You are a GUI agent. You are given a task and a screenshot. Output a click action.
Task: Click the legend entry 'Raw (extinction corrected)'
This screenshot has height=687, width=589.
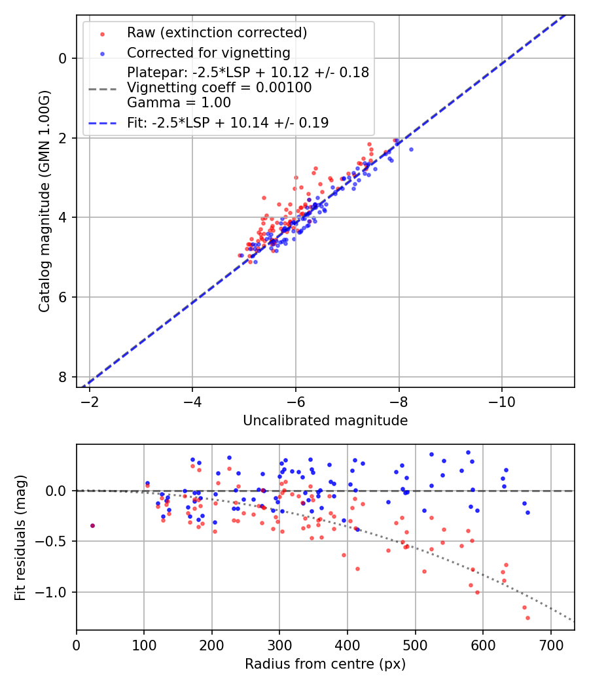click(217, 33)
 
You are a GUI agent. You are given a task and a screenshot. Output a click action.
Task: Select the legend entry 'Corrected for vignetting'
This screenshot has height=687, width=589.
click(208, 53)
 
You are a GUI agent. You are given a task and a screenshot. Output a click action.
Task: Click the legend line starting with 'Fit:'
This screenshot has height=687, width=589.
click(228, 122)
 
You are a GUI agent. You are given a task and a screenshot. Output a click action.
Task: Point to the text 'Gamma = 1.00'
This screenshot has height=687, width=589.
click(179, 102)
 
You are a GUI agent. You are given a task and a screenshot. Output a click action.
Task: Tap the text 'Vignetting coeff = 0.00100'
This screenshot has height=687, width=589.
click(219, 88)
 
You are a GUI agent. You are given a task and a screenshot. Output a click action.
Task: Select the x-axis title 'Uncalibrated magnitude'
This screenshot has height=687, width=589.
click(325, 421)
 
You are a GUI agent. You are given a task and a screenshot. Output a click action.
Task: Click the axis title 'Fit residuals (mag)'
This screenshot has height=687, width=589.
click(20, 537)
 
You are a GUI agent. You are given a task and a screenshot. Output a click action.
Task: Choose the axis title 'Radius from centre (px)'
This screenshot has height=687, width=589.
click(325, 664)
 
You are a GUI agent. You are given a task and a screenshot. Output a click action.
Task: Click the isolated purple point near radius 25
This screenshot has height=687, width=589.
click(92, 525)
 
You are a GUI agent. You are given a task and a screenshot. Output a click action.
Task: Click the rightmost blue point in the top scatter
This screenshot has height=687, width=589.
click(411, 149)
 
